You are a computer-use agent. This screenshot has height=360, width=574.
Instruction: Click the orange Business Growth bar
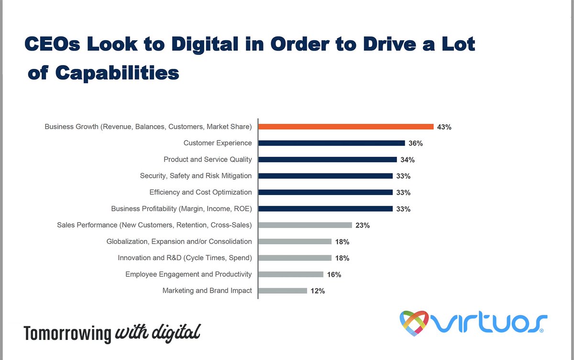(x=345, y=127)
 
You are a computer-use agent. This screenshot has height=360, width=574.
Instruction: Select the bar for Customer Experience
(x=331, y=143)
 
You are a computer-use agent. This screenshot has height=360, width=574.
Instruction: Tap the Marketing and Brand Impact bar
(x=282, y=290)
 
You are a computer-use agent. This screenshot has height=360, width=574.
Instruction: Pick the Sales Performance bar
(x=305, y=225)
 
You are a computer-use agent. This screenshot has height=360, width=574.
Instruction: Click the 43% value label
(x=444, y=127)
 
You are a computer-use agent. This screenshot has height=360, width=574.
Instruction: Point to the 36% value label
(x=415, y=143)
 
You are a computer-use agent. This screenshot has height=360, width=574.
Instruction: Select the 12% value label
(x=317, y=291)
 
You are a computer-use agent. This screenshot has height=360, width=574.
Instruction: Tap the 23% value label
(x=362, y=226)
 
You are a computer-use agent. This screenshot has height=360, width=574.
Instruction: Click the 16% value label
(x=334, y=274)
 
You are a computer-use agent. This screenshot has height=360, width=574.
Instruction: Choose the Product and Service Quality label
(x=208, y=159)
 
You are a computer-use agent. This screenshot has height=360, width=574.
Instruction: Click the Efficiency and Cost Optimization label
(x=200, y=192)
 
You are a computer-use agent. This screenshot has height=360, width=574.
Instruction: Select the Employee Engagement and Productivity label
(x=188, y=274)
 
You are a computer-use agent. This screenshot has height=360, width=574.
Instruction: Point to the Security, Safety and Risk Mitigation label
(x=196, y=175)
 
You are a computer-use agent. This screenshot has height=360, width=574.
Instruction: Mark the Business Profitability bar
(x=325, y=209)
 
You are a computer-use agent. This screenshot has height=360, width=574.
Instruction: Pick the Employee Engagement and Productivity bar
(x=290, y=274)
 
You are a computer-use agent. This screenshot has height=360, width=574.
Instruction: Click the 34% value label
(x=408, y=160)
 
